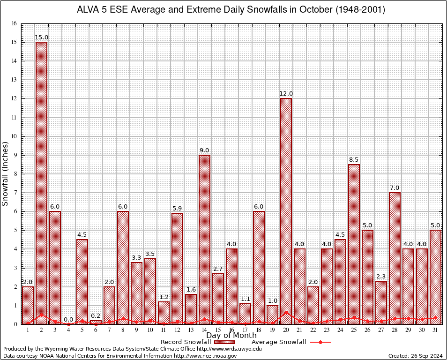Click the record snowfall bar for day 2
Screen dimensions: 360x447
click(41, 183)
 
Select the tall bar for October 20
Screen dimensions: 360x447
click(286, 211)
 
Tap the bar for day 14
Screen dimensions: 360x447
click(204, 239)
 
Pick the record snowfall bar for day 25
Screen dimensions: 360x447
click(354, 244)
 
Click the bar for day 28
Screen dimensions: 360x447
click(395, 258)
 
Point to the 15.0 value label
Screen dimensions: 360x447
click(41, 37)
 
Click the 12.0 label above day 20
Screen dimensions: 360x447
click(286, 94)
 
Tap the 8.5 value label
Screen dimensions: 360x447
click(354, 160)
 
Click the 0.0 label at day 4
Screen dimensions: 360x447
click(68, 320)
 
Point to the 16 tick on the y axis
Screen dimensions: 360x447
click(14, 23)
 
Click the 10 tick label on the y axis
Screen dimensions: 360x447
click(14, 136)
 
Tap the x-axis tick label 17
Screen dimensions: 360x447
click(245, 330)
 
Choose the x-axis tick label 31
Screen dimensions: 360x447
click(435, 330)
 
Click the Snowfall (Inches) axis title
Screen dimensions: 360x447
click(6, 173)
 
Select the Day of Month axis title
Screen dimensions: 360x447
click(231, 336)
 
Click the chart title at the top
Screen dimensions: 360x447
click(231, 10)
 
